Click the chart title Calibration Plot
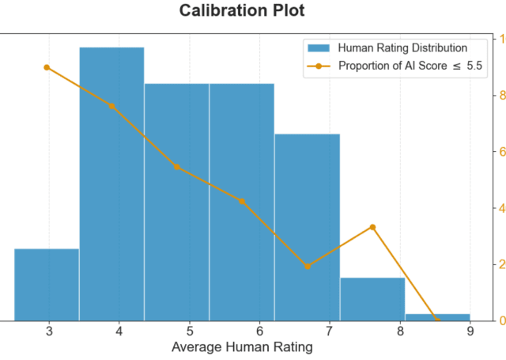coord(241,11)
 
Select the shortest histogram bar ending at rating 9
coord(437,317)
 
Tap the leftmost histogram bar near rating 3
coord(47,285)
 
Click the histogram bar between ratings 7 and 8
coord(372,299)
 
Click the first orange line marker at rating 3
coord(47,67)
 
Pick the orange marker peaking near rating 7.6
coord(372,227)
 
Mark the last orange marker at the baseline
coord(437,320)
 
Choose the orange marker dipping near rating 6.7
coord(308,266)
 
